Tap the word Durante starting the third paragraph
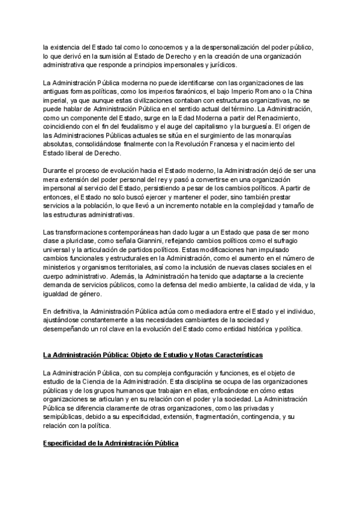pyautogui.click(x=56, y=170)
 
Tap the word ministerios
pyautogui.click(x=62, y=267)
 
